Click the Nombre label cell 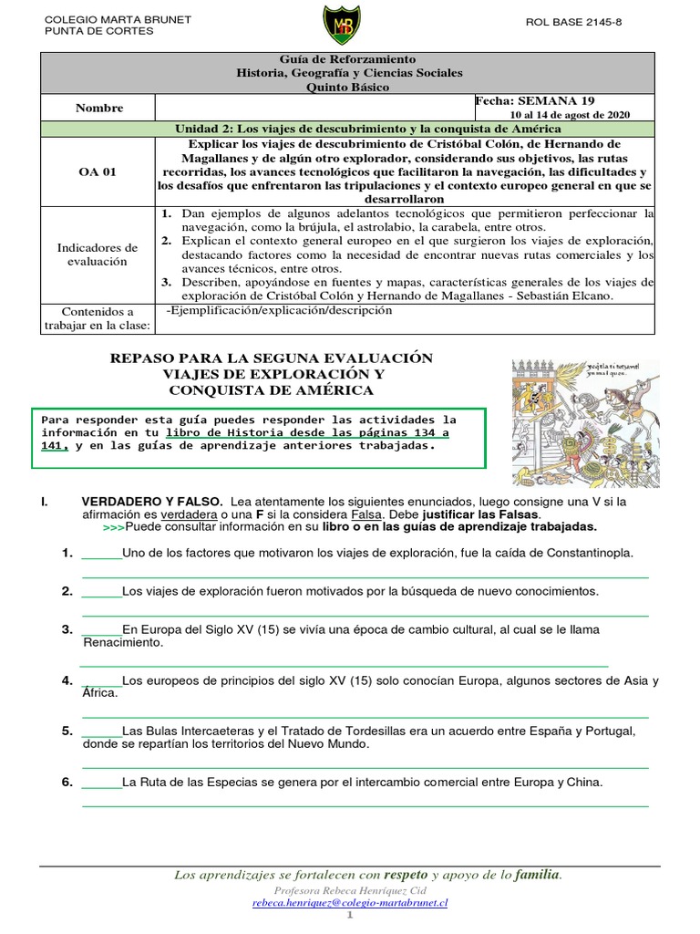tap(99, 108)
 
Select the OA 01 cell tap(99, 171)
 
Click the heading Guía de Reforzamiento tap(349, 59)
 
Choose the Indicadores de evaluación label tap(98, 254)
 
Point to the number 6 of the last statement tap(67, 783)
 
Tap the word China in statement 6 tap(585, 783)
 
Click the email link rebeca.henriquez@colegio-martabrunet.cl tap(350, 903)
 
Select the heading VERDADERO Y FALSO tap(151, 502)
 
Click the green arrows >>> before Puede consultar tap(113, 527)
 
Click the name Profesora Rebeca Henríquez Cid tap(350, 889)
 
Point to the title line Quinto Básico tap(349, 88)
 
